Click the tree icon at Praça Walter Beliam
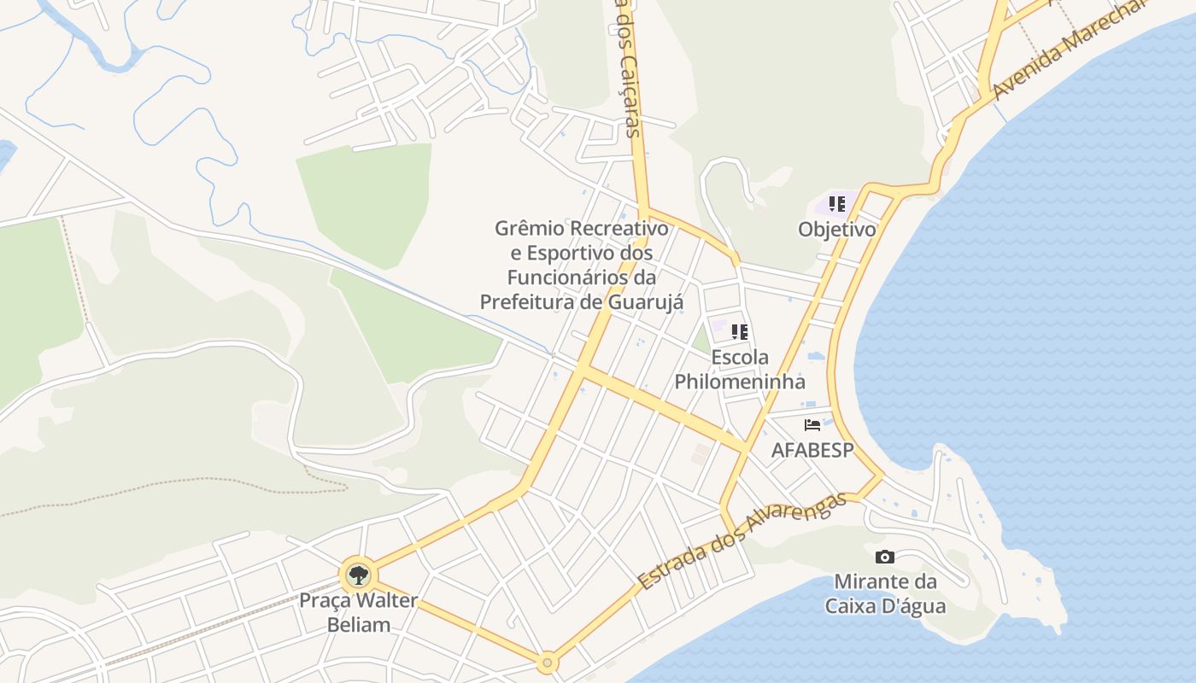pyautogui.click(x=359, y=575)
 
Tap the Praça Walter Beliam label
pyautogui.click(x=359, y=612)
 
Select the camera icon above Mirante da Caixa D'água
pyautogui.click(x=885, y=557)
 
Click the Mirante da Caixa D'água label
pyautogui.click(x=885, y=594)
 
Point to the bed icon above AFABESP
pyautogui.click(x=812, y=424)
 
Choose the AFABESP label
pyautogui.click(x=812, y=450)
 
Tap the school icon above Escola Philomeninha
pyautogui.click(x=740, y=331)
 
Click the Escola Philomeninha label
pyautogui.click(x=740, y=369)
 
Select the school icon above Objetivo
pyautogui.click(x=837, y=204)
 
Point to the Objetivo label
pyautogui.click(x=837, y=230)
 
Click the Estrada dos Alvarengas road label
pyautogui.click(x=742, y=540)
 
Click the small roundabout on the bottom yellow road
pyautogui.click(x=548, y=662)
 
